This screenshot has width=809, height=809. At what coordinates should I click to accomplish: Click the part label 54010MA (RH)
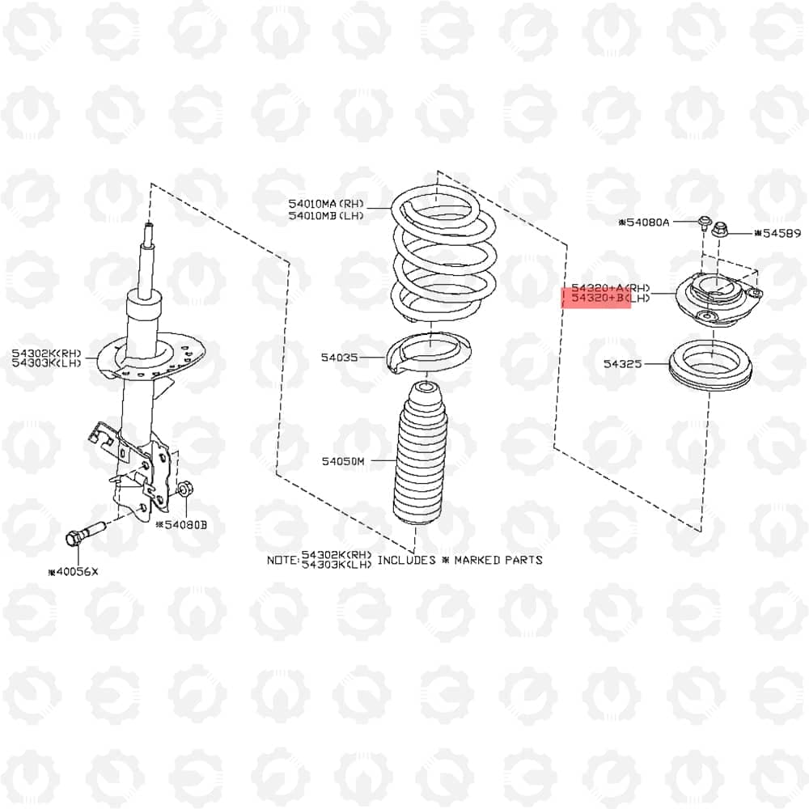pos(326,204)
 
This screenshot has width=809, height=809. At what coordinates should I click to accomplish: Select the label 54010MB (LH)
pos(326,216)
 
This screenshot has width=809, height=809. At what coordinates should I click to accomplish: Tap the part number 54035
pos(339,358)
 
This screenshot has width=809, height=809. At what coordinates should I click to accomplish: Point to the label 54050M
pos(343,461)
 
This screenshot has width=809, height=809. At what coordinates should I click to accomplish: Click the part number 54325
pos(623,364)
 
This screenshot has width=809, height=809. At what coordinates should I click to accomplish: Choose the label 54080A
pos(644,222)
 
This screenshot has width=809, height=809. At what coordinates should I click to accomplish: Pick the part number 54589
pos(777,233)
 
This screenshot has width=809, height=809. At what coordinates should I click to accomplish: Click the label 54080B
pos(181,525)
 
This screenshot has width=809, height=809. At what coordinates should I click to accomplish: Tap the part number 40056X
pos(73,572)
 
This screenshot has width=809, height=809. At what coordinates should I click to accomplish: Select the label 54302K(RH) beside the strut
pos(46,354)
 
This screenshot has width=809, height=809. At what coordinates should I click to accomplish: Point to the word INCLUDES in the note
pos(407,561)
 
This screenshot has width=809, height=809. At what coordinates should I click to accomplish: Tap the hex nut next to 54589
pos(719,230)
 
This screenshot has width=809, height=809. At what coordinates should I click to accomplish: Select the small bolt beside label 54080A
pos(704,223)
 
